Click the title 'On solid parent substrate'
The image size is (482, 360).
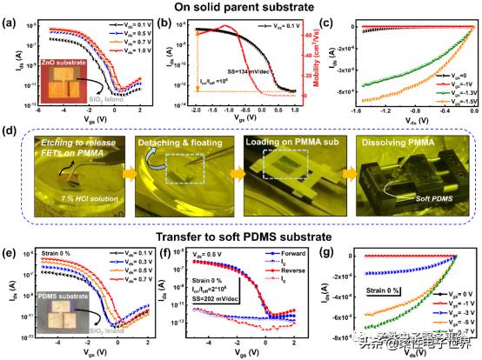241,9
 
